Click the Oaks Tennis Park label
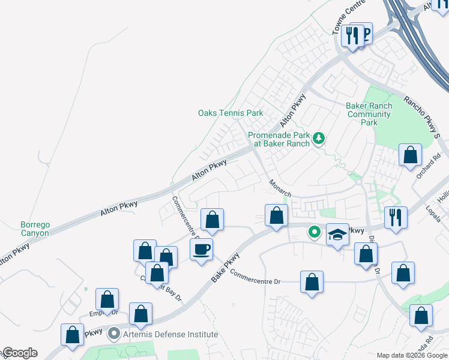click(231, 113)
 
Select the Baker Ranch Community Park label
click(369, 114)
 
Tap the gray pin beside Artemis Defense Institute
click(115, 334)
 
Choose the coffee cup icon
click(201, 248)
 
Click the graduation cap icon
click(337, 233)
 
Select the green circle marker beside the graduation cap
click(314, 232)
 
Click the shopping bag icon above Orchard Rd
click(411, 155)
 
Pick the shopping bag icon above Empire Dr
click(107, 298)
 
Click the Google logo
click(19, 353)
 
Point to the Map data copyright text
click(411, 355)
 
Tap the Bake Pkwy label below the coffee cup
click(226, 268)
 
